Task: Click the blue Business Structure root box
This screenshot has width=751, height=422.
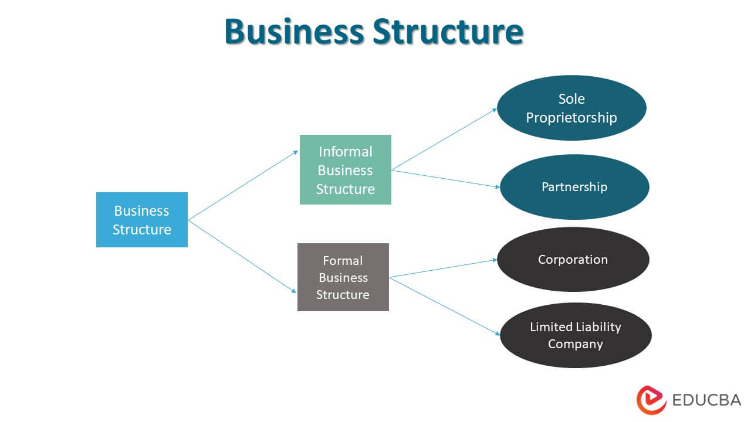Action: [x=141, y=220]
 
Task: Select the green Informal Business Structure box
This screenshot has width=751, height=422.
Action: [x=345, y=170]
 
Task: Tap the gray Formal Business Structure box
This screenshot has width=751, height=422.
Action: [x=343, y=277]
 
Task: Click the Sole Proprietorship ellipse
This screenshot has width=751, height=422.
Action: [x=571, y=108]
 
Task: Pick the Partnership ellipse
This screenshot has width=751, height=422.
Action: [x=574, y=187]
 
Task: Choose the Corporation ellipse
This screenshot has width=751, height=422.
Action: [x=573, y=260]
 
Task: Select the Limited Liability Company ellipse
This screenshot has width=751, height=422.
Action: [x=575, y=335]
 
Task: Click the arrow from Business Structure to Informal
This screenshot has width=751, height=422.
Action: [x=243, y=185]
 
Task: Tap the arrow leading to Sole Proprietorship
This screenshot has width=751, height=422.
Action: [x=444, y=139]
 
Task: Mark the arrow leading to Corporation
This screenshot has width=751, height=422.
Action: [x=443, y=268]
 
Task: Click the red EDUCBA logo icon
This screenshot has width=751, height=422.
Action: [x=651, y=400]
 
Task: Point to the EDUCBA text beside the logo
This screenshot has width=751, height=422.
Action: [x=706, y=400]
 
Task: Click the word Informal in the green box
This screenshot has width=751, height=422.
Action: [x=345, y=152]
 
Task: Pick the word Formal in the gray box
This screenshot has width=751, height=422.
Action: [x=343, y=260]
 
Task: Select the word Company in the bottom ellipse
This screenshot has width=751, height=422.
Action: [x=575, y=344]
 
